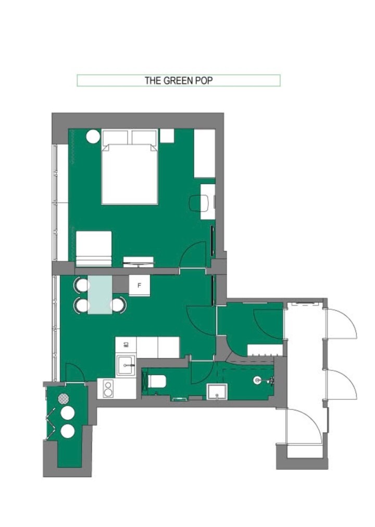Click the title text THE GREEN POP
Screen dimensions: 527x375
pos(179,80)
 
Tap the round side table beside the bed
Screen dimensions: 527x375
pos(93,136)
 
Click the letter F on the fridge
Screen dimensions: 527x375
pos(139,285)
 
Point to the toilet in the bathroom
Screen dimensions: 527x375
pos(157,381)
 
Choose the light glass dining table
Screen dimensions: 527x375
pos(99,295)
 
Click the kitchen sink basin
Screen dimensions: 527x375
pos(125,364)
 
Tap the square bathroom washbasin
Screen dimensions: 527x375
pos(216,391)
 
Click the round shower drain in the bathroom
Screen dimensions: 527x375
pos(257,381)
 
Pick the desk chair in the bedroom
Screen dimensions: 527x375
pos(196,203)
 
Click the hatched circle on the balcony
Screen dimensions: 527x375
pos(64,399)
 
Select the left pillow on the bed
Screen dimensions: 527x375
pos(115,138)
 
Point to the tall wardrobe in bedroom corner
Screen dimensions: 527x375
pos(204,154)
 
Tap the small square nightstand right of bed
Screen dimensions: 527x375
pos(167,135)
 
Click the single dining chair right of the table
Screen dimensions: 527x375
pos(120,305)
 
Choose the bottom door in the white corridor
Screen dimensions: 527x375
pos(305,425)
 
